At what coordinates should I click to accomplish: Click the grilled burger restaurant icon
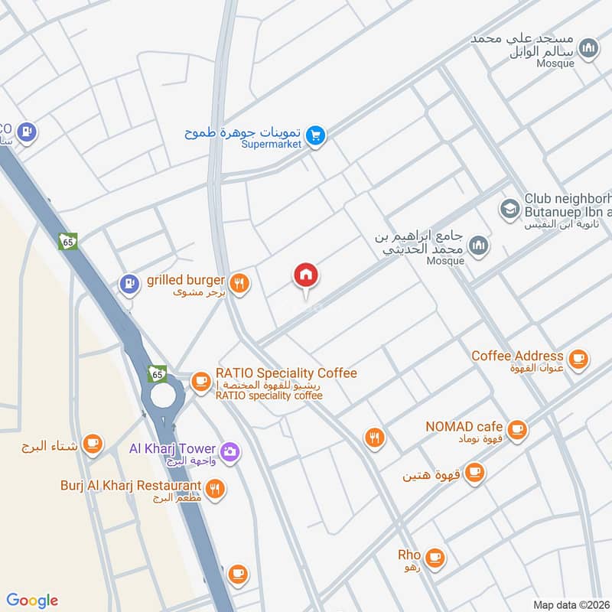(239, 284)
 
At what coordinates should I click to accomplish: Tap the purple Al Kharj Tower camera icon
(230, 451)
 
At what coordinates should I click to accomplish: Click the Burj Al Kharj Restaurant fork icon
(216, 487)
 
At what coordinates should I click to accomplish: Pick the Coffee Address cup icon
(578, 358)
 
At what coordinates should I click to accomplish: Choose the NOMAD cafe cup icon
(518, 429)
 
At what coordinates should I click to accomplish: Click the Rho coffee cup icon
(435, 557)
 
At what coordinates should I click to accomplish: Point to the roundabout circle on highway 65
(163, 396)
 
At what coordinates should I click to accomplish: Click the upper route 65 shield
(68, 242)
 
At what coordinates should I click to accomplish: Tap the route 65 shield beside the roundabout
(157, 373)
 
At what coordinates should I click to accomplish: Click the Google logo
(32, 601)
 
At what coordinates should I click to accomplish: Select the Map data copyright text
(571, 604)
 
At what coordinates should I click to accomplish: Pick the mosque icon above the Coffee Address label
(479, 246)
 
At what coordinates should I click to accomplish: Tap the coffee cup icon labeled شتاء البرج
(93, 444)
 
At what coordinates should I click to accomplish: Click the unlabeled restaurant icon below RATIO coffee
(374, 438)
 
